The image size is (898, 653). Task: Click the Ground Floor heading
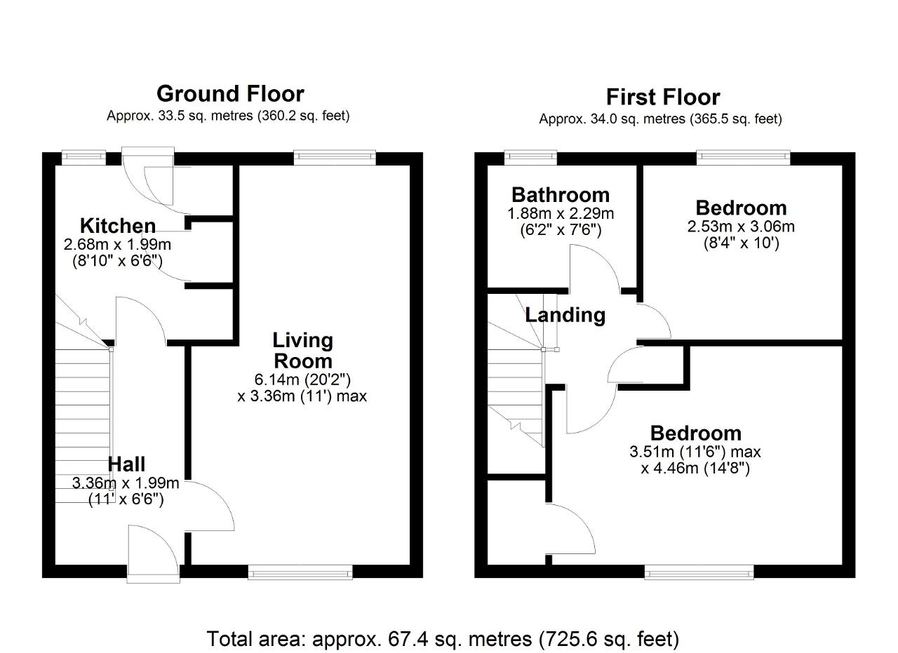click(x=230, y=94)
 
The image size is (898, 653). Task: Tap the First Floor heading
click(x=663, y=97)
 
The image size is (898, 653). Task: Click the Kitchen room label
click(x=118, y=226)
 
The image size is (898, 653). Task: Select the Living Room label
click(x=303, y=351)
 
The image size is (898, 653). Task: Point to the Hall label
click(x=126, y=464)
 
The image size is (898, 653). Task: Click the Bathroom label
click(x=561, y=195)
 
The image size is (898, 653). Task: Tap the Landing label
click(x=565, y=315)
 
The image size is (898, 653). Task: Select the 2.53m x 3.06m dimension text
click(x=741, y=227)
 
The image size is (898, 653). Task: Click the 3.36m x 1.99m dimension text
click(x=126, y=483)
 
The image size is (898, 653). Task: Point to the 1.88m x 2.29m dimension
click(x=561, y=214)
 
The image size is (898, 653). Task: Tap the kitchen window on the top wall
click(x=83, y=158)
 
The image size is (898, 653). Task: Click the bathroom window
click(x=531, y=158)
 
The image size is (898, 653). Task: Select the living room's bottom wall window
click(x=300, y=572)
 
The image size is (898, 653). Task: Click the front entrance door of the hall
click(x=154, y=554)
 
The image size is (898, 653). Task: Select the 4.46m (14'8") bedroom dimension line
click(x=695, y=469)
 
